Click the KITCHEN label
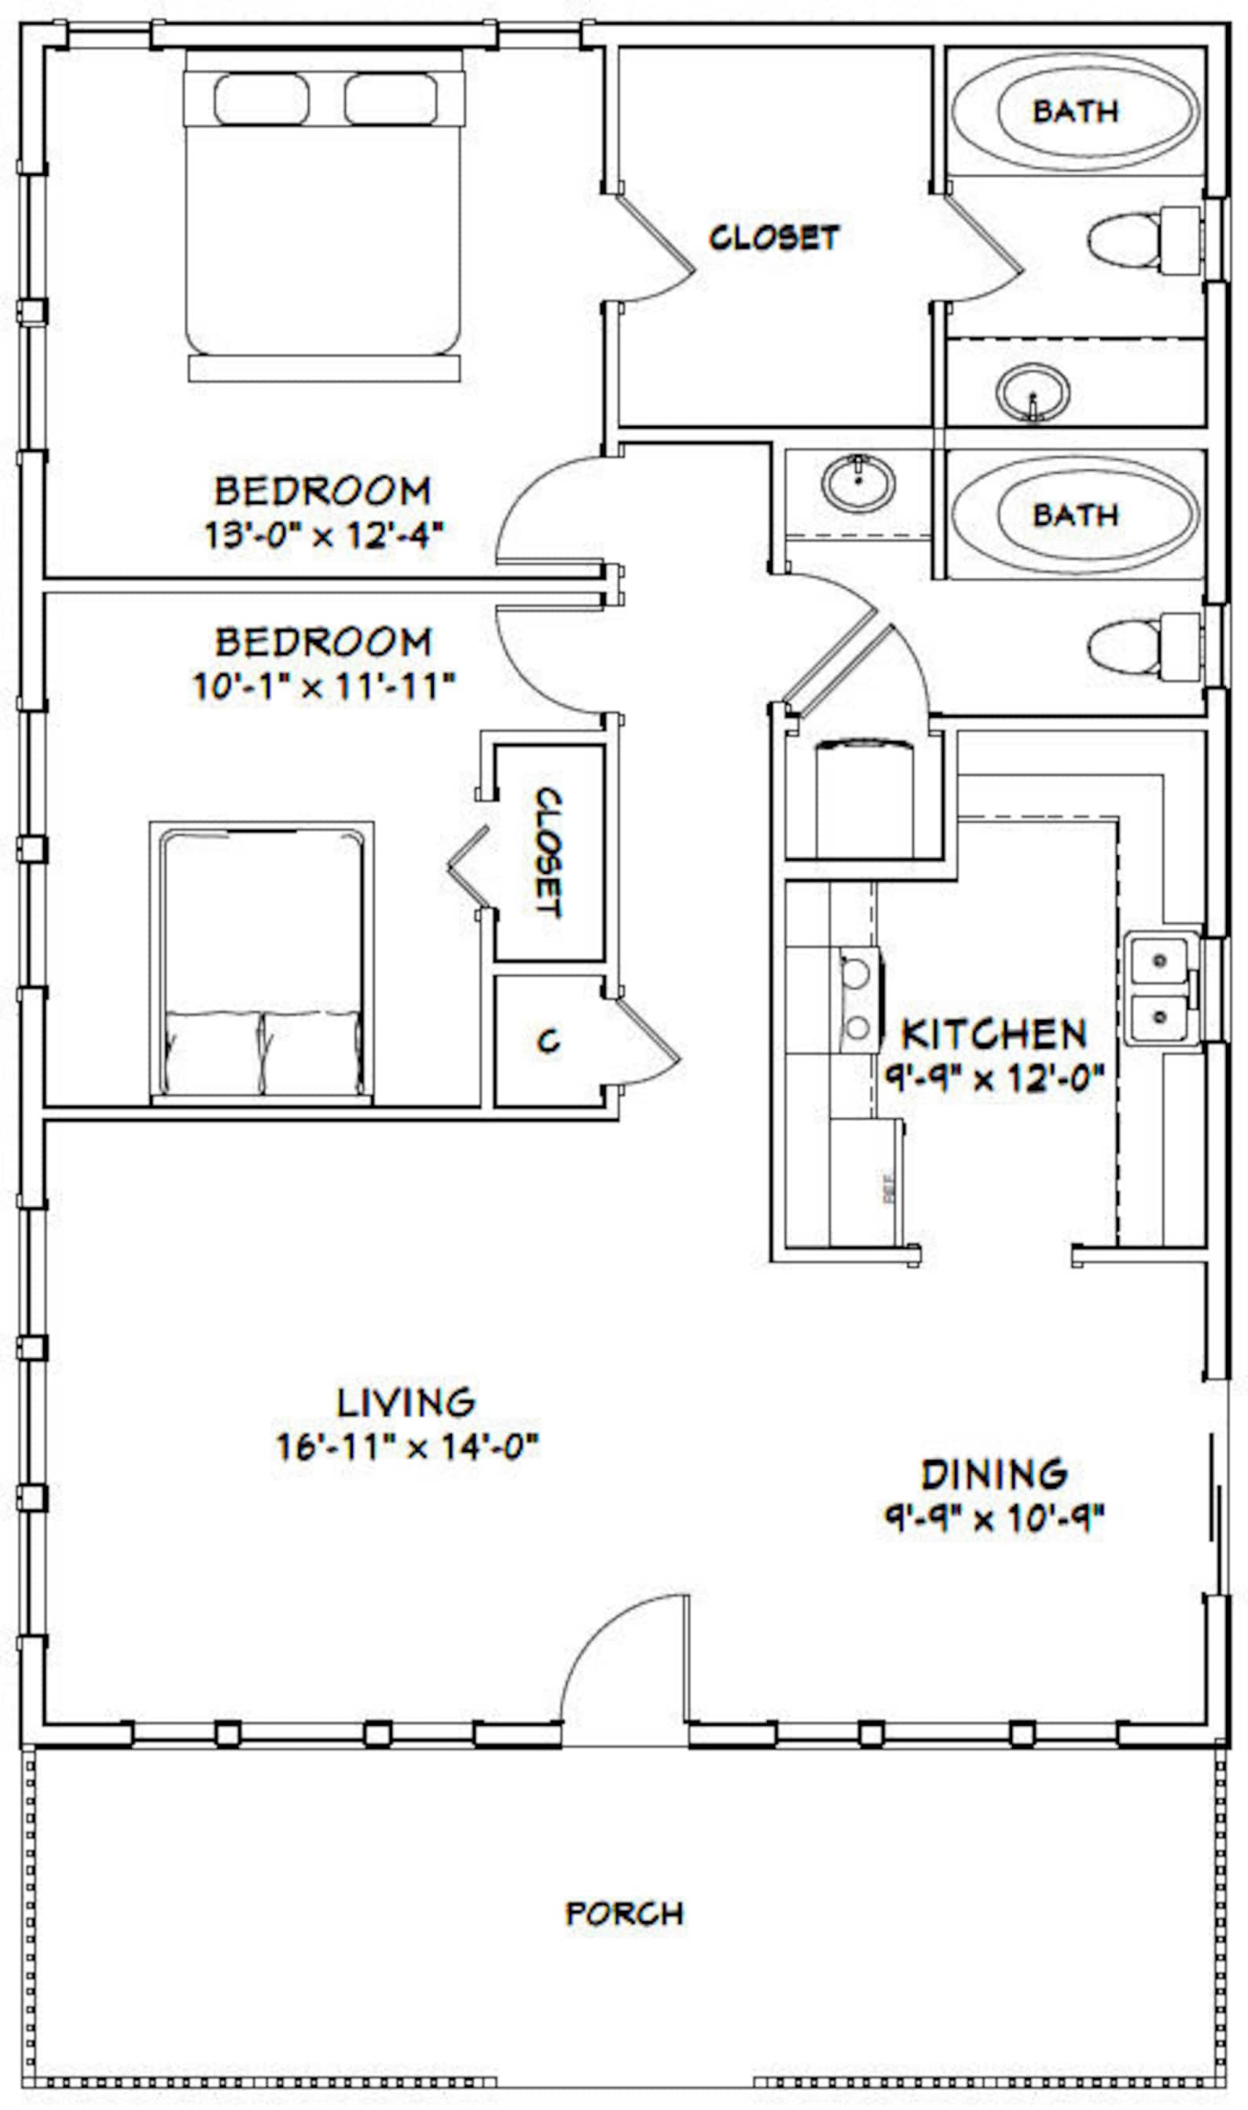(994, 1034)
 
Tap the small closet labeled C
(548, 1040)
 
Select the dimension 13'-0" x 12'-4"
(324, 534)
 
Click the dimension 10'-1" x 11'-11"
(324, 686)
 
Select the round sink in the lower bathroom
(857, 483)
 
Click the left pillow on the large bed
(261, 99)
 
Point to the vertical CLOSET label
(548, 851)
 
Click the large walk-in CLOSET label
(773, 237)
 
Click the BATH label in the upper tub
(1075, 111)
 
